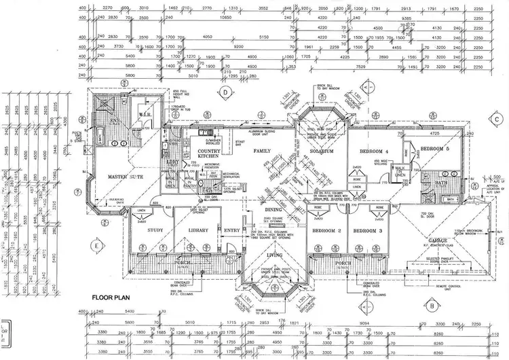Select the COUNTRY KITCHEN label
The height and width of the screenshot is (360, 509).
(208, 153)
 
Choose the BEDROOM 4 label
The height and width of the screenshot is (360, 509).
(375, 150)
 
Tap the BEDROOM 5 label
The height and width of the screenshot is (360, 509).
(436, 149)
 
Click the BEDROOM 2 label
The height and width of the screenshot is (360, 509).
(326, 231)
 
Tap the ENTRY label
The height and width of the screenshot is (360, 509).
(231, 230)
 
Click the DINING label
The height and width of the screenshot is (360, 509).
(273, 211)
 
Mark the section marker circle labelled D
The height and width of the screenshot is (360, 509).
(222, 93)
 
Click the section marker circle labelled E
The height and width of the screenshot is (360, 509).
(98, 245)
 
